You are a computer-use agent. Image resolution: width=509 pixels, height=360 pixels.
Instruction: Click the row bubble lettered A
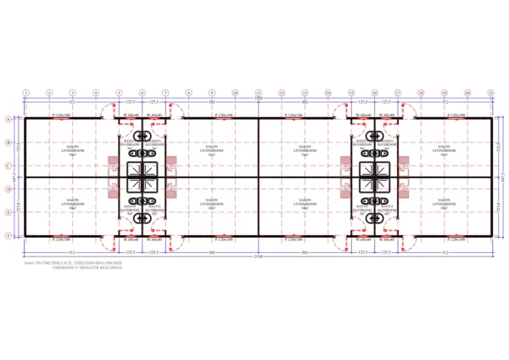click(8, 120)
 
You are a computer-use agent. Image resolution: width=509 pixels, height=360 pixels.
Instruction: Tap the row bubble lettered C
click(8, 166)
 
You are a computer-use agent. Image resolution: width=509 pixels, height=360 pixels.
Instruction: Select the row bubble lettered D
click(8, 188)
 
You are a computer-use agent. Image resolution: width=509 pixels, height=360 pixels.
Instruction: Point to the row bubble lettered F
click(8, 235)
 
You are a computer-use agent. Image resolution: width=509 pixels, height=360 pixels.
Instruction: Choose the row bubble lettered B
click(8, 143)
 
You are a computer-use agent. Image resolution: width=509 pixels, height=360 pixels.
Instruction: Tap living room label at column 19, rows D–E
click(445, 204)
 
